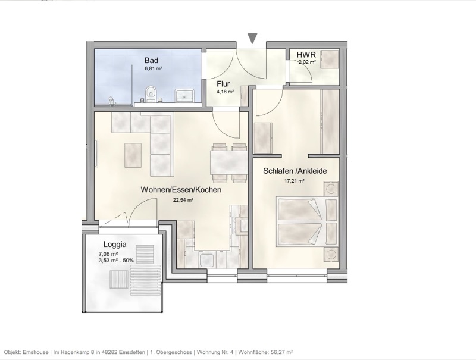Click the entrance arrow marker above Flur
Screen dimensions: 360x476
pos(253,39)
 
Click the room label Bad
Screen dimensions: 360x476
pos(152,60)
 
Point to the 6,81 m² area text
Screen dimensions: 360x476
pos(154,69)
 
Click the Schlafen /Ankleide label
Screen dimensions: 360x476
pos(295,171)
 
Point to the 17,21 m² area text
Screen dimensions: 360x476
pos(294,180)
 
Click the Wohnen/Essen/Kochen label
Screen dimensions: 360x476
pos(181,190)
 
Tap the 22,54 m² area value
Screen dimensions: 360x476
pos(183,200)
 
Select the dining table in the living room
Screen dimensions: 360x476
pos(228,162)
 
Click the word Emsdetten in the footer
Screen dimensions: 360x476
pos(151,352)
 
